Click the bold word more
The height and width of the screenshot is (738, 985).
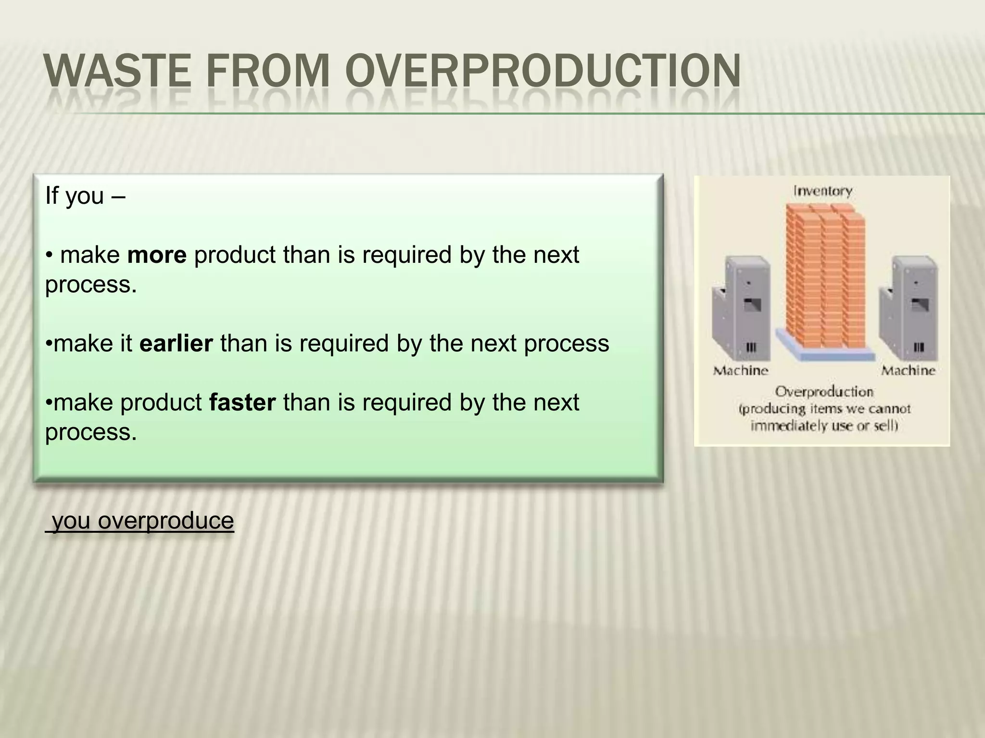click(156, 255)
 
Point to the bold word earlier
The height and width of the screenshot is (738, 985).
click(176, 344)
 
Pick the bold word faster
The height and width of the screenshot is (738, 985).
click(242, 403)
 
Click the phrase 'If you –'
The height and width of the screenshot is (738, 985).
click(85, 196)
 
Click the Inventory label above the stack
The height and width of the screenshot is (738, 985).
click(822, 191)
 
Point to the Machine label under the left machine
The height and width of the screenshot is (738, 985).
click(741, 370)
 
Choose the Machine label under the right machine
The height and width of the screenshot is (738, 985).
click(908, 370)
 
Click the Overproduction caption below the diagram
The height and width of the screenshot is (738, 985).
click(824, 392)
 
